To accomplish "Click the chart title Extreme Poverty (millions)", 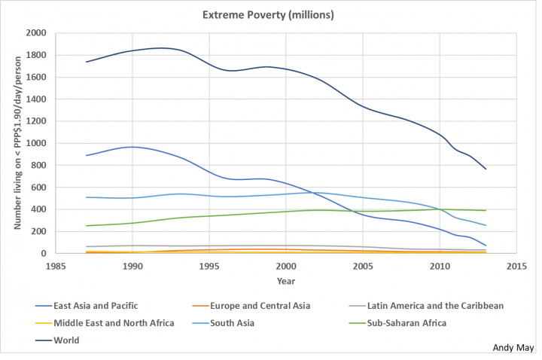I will [x=269, y=14].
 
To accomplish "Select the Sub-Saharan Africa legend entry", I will [x=406, y=323].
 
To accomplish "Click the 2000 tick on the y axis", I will [x=35, y=33].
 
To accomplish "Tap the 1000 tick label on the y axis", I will [x=35, y=143].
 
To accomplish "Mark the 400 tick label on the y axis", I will [x=38, y=209].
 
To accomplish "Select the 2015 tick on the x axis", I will [x=516, y=267].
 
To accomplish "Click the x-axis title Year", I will [x=285, y=281].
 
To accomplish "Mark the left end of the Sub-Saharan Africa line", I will [x=87, y=226].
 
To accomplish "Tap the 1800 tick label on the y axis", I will [x=35, y=55].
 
